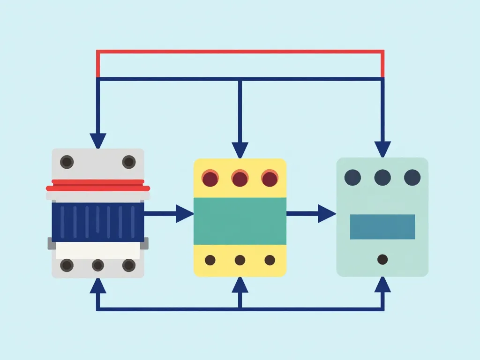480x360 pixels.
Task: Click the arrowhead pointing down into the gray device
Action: pyautogui.click(x=98, y=141)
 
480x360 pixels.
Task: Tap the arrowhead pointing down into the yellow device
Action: pyautogui.click(x=240, y=150)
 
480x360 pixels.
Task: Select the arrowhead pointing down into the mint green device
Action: pyautogui.click(x=382, y=149)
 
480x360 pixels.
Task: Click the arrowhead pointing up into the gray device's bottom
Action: pyautogui.click(x=98, y=285)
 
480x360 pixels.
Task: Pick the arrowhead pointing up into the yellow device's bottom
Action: pyautogui.click(x=240, y=285)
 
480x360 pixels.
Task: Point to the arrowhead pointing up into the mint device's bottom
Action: pyautogui.click(x=382, y=285)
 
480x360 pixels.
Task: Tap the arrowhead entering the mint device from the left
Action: pyautogui.click(x=327, y=214)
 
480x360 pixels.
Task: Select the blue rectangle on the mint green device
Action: pyautogui.click(x=382, y=227)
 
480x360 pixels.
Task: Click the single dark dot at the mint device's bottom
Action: pyautogui.click(x=382, y=259)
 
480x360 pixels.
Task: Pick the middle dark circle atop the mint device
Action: pyautogui.click(x=382, y=178)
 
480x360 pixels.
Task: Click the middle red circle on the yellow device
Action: pyautogui.click(x=240, y=179)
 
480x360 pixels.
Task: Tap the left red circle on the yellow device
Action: pyautogui.click(x=210, y=179)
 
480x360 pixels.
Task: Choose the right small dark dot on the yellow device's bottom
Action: pyautogui.click(x=270, y=260)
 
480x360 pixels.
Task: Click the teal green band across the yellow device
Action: pyautogui.click(x=240, y=221)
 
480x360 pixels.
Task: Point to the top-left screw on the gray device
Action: pyautogui.click(x=67, y=162)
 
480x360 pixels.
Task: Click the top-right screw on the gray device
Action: pyautogui.click(x=129, y=162)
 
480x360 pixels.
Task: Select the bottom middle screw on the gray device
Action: pyautogui.click(x=98, y=265)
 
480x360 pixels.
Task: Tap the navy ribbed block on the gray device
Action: pyautogui.click(x=98, y=222)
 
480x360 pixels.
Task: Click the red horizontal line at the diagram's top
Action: pyautogui.click(x=240, y=52)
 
